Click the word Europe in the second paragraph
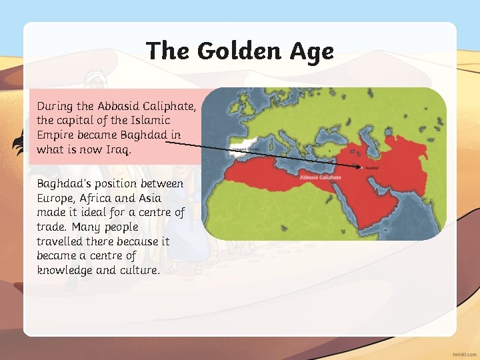[x=55, y=198]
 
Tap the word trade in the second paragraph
[x=51, y=227]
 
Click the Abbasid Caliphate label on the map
[x=320, y=177]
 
